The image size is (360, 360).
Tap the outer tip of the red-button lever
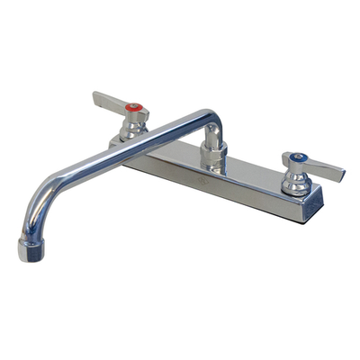point(95,94)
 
